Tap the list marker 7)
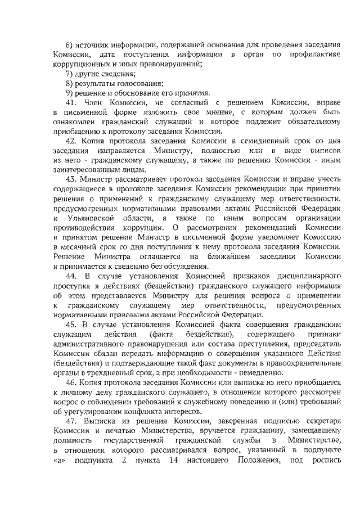(x=70, y=74)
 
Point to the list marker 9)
(x=70, y=93)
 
